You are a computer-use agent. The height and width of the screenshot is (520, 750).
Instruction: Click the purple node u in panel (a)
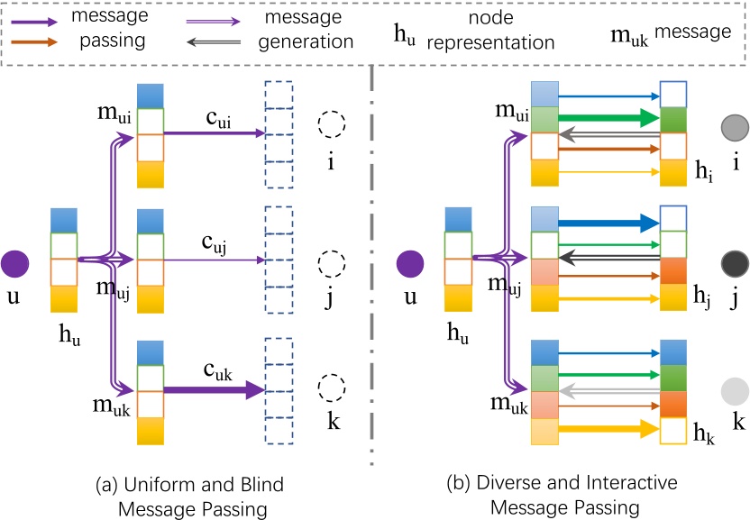pos(15,266)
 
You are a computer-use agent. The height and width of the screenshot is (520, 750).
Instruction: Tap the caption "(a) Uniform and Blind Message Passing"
pos(189,495)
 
